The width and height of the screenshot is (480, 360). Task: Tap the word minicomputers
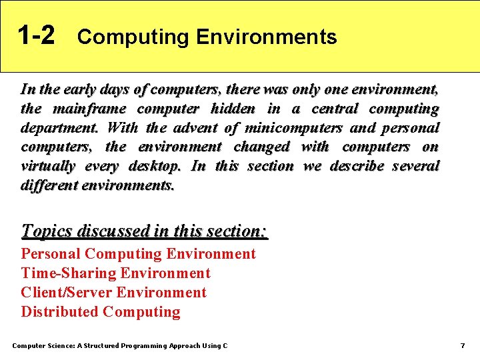(293, 127)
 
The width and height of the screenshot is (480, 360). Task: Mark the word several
(415, 166)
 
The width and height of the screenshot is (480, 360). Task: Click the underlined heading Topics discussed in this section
(144, 231)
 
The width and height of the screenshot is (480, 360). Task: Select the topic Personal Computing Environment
(138, 254)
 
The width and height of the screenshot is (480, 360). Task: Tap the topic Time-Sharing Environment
(115, 273)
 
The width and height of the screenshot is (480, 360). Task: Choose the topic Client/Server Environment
(113, 293)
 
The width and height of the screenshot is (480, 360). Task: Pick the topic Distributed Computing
(101, 312)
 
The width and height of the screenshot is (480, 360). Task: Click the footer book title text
(120, 346)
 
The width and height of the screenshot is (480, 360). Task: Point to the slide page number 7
(462, 346)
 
